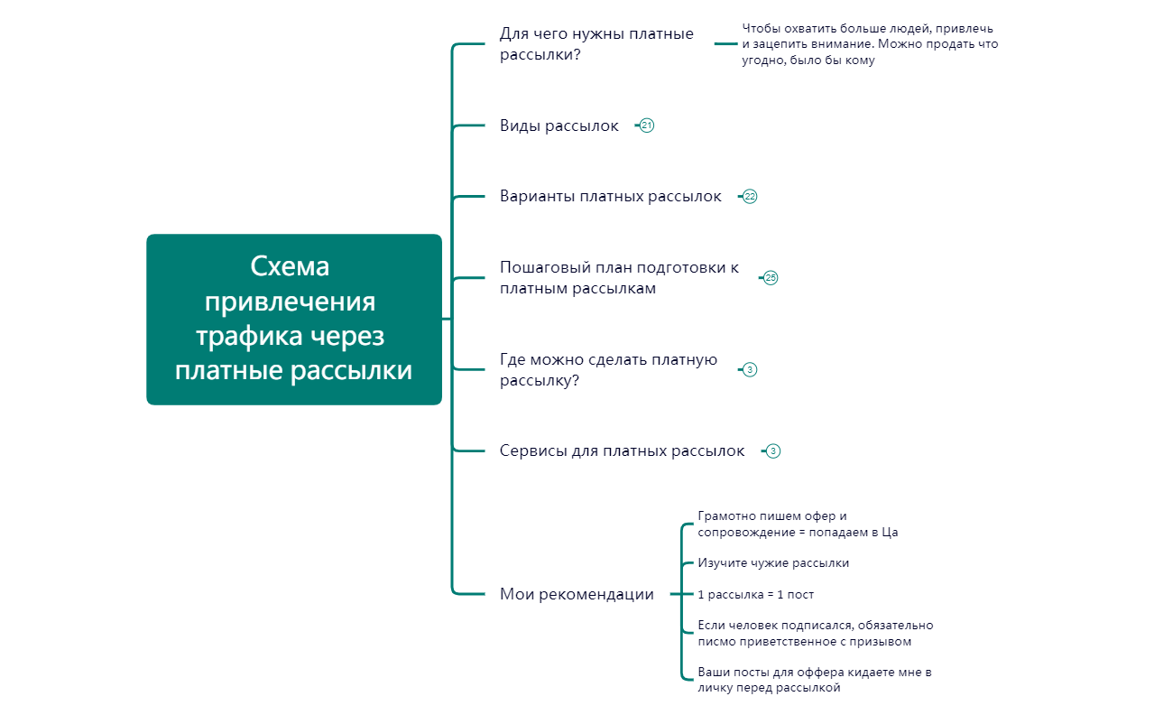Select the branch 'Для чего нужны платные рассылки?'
pos(596,44)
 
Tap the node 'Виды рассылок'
pos(559,125)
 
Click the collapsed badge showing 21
pos(646,125)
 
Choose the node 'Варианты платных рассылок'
pos(611,196)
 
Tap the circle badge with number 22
pos(750,196)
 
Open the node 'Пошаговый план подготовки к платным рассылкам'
pos(619,278)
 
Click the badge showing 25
pos(771,278)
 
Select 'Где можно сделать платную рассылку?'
pos(608,370)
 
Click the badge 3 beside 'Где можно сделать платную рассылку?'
pos(750,369)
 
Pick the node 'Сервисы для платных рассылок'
pos(623,450)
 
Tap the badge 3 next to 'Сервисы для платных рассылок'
pos(772,450)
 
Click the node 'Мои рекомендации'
pos(577,594)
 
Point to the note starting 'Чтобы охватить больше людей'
pos(870,44)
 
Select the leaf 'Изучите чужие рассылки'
pos(773,563)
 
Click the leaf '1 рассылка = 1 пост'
pos(756,594)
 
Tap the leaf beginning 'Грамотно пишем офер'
pos(798,525)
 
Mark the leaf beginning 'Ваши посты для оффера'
pos(815,680)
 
